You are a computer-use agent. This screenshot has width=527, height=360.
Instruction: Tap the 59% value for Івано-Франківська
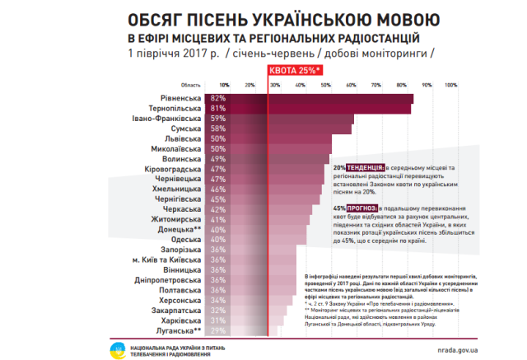pyautogui.click(x=218, y=119)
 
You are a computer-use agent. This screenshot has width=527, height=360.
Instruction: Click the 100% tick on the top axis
pyautogui.click(x=450, y=85)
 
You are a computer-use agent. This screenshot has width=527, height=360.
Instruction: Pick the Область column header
pyautogui.click(x=190, y=85)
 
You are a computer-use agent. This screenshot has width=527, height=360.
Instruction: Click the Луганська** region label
pyautogui.click(x=180, y=330)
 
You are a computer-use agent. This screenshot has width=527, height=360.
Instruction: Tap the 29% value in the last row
pyautogui.click(x=218, y=330)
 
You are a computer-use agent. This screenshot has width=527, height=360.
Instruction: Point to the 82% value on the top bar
pyautogui.click(x=218, y=98)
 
